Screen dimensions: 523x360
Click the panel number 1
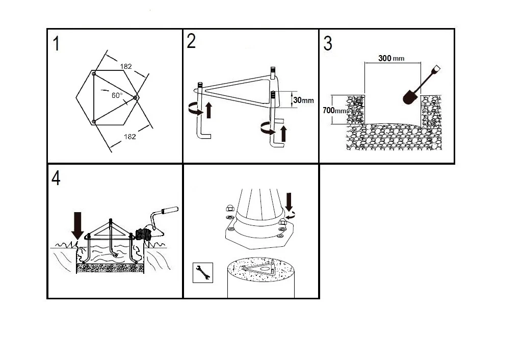point(57,44)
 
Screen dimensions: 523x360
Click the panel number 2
point(191,41)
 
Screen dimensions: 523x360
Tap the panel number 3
point(328,43)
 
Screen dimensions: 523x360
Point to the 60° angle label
point(117,95)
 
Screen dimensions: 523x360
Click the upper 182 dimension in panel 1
point(126,66)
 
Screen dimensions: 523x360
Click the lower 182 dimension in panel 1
point(130,137)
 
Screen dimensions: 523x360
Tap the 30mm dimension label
point(303,100)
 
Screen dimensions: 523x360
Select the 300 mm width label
point(391,59)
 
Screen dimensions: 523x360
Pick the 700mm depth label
point(334,110)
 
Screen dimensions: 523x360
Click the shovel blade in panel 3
point(410,97)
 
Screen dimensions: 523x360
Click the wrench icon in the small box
point(203,273)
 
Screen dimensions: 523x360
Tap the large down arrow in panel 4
point(77,225)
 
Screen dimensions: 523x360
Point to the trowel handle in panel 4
point(170,211)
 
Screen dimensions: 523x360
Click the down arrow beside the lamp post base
point(289,201)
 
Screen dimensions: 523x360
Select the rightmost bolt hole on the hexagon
point(135,97)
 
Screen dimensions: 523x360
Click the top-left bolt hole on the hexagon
point(94,73)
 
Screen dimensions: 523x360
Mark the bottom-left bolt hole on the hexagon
point(94,121)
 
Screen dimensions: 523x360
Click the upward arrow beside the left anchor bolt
point(209,110)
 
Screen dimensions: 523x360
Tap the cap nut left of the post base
point(230,208)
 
